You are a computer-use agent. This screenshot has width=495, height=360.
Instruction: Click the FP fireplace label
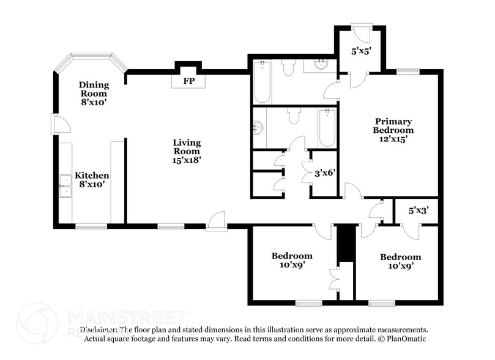pyautogui.click(x=188, y=80)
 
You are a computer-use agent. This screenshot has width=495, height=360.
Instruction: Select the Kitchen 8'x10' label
pyautogui.click(x=92, y=180)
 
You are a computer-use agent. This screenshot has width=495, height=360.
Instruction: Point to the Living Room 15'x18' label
pyautogui.click(x=187, y=151)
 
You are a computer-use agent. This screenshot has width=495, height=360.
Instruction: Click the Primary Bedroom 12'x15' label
pyautogui.click(x=393, y=130)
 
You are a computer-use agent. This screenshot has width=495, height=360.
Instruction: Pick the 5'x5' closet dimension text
pyautogui.click(x=362, y=52)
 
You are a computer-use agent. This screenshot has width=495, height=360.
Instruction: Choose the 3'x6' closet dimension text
pyautogui.click(x=325, y=174)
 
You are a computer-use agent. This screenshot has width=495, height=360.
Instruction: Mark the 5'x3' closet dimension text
pyautogui.click(x=419, y=211)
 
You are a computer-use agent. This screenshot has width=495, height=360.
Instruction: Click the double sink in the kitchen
pyautogui.click(x=65, y=186)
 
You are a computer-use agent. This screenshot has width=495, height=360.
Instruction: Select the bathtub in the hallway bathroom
pyautogui.click(x=327, y=127)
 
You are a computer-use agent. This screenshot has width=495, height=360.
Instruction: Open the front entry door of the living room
pyautogui.click(x=217, y=222)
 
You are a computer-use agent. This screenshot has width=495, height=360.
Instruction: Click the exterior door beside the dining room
pyautogui.click(x=59, y=125)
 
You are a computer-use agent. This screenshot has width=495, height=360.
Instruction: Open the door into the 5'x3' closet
pyautogui.click(x=411, y=230)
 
